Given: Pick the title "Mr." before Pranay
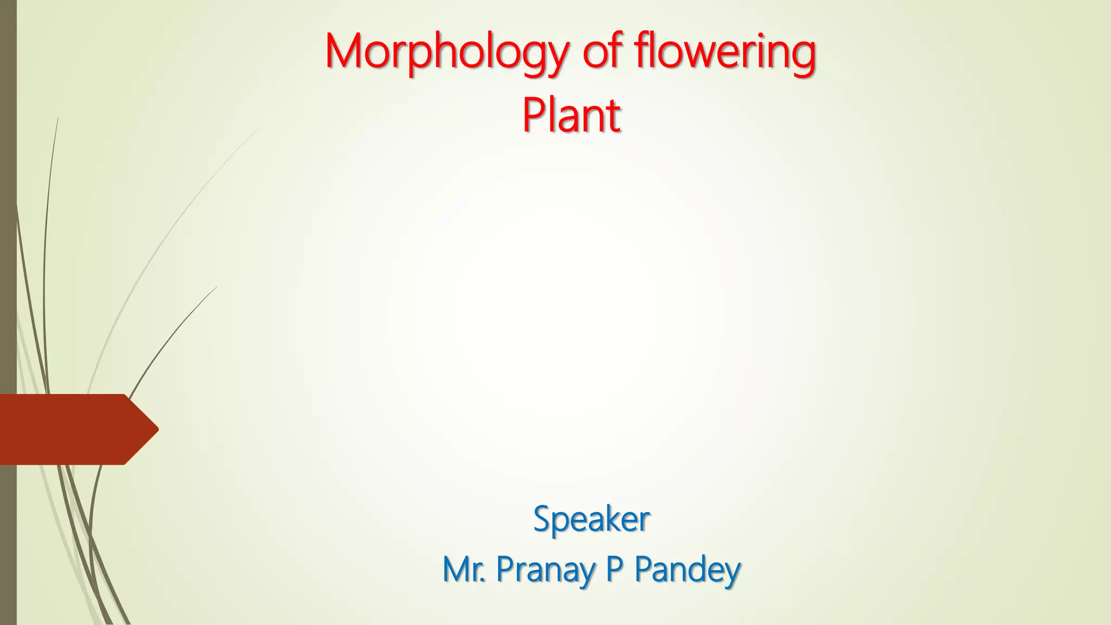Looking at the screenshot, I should pyautogui.click(x=464, y=569).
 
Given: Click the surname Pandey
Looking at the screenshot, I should pyautogui.click(x=687, y=570).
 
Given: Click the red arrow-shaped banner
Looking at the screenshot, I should pyautogui.click(x=71, y=429).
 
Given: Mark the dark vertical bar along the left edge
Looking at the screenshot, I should pyautogui.click(x=8, y=217).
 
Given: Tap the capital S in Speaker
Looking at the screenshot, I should pyautogui.click(x=542, y=519).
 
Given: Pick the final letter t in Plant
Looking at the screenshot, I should pyautogui.click(x=614, y=117).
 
